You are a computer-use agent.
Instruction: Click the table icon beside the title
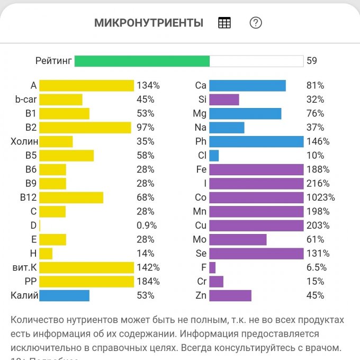[224, 23]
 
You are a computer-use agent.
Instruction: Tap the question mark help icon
[256, 23]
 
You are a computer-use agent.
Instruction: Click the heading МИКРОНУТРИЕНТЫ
[149, 23]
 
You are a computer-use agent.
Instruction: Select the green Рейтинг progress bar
[142, 61]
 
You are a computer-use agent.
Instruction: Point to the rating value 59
[312, 61]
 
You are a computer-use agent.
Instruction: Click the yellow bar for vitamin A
[87, 86]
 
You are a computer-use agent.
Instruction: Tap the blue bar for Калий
[64, 295]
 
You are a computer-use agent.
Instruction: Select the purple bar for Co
[256, 197]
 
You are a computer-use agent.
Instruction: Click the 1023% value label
[321, 197]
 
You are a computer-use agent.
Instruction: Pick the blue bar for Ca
[247, 86]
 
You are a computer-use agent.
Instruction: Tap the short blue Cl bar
[214, 156]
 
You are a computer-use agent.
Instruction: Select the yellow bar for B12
[71, 197]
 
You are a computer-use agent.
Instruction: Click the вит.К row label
[24, 267]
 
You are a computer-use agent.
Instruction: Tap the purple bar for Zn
[230, 295]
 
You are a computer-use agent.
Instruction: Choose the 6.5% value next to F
[317, 267]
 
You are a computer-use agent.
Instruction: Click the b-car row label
[25, 100]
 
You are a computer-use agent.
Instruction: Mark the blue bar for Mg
[245, 114]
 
